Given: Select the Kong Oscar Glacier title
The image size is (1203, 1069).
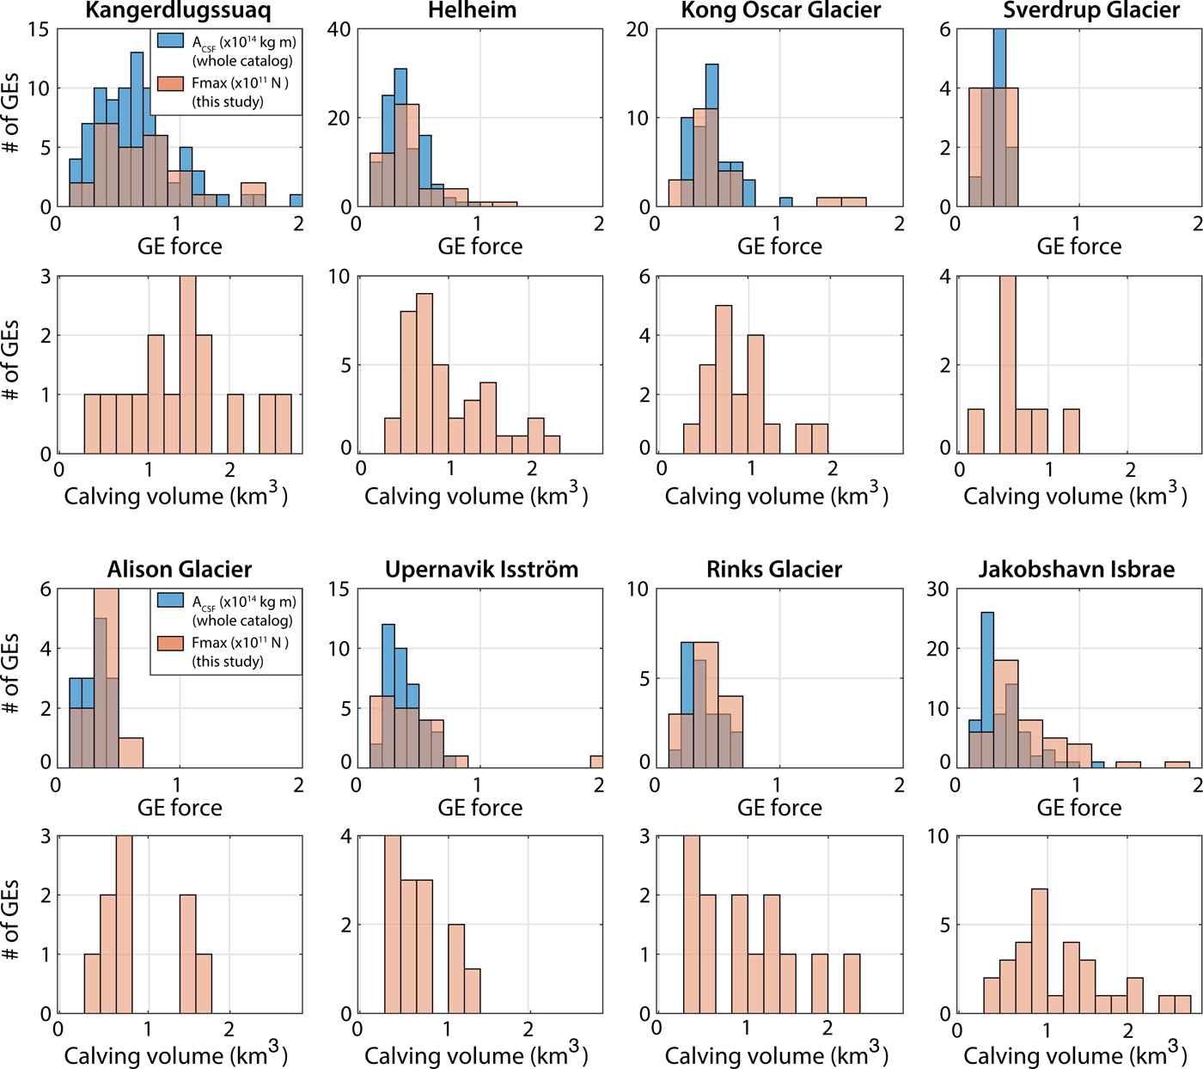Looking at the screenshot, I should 780,11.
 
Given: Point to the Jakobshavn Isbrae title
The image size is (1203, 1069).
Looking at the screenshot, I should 1076,570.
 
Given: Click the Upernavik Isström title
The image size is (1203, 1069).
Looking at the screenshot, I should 481,570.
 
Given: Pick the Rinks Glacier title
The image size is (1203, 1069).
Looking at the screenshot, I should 774,570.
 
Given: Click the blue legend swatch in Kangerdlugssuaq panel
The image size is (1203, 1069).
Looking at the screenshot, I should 170,40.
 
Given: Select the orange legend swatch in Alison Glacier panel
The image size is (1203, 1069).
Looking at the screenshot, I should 170,643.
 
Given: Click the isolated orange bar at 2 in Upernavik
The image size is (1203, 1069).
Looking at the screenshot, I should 596,761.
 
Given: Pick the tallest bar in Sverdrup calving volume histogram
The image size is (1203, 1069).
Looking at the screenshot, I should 1008,364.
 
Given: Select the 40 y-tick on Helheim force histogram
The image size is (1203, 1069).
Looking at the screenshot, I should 339,29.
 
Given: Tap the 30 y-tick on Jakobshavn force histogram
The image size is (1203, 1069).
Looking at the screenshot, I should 937,589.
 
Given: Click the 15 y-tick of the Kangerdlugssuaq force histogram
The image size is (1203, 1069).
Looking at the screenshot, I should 39,29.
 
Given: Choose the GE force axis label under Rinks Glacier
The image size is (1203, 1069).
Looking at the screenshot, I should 779,808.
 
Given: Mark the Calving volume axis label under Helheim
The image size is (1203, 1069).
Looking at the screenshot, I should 476,496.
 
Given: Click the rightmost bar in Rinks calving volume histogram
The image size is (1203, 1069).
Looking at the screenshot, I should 852,984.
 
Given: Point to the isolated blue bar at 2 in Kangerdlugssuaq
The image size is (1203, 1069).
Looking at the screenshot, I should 296,200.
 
